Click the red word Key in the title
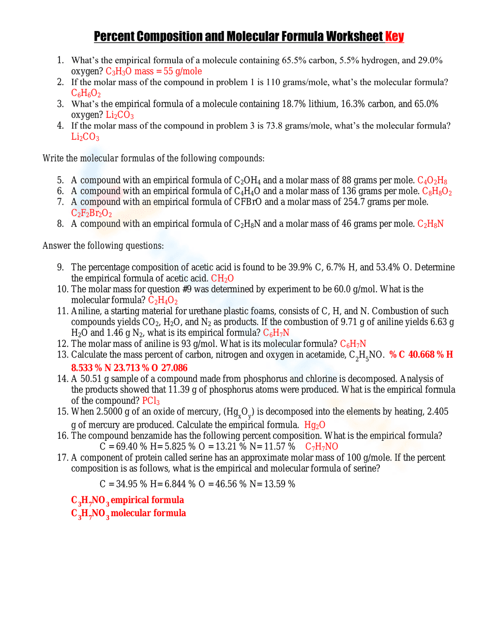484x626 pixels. pyautogui.click(x=394, y=37)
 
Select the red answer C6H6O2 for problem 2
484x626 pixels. pyautogui.click(x=86, y=93)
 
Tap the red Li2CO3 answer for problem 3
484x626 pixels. pyautogui.click(x=120, y=115)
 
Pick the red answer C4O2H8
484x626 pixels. pyautogui.click(x=432, y=180)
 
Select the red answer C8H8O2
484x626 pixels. pyautogui.click(x=437, y=192)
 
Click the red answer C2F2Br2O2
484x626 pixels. pyautogui.click(x=91, y=213)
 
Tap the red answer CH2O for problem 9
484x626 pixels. pyautogui.click(x=222, y=279)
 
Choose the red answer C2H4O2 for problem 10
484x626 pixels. pyautogui.click(x=163, y=300)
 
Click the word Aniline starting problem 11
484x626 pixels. pyautogui.click(x=85, y=311)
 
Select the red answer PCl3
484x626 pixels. pyautogui.click(x=151, y=401)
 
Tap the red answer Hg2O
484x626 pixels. pyautogui.click(x=315, y=425)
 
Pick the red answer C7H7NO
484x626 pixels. pyautogui.click(x=321, y=447)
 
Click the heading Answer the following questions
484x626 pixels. pyautogui.click(x=103, y=246)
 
